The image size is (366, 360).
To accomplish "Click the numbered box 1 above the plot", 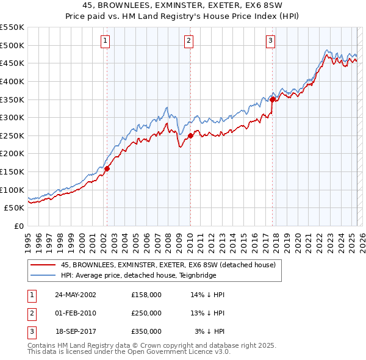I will (106, 41).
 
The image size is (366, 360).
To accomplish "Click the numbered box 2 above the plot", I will (188, 41).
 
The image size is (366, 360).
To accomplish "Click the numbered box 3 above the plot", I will (270, 41).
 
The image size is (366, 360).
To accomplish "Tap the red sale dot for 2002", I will (107, 168).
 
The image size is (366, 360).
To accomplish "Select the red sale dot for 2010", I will (190, 135).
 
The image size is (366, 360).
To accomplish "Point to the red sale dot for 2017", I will (272, 100).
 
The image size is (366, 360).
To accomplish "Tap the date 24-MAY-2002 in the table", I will (76, 295).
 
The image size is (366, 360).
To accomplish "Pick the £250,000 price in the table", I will (146, 313).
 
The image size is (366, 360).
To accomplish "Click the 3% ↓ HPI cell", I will (210, 331).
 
